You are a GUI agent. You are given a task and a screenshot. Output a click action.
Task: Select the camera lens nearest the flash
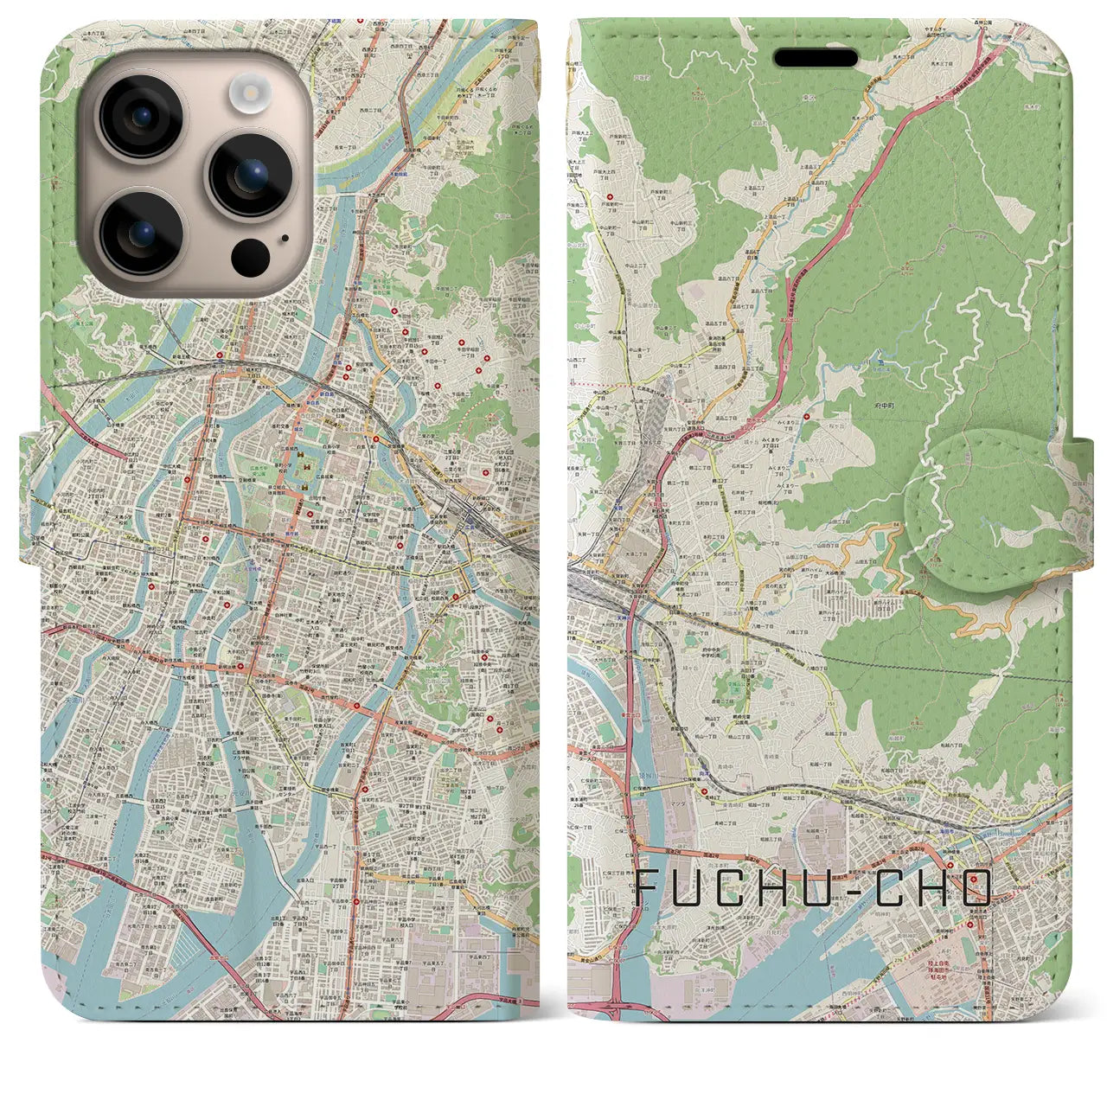pos(251,175)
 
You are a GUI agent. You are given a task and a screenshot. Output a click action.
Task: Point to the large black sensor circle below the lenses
pos(251,256)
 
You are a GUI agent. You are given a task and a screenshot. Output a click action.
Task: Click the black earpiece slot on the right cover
pos(816,58)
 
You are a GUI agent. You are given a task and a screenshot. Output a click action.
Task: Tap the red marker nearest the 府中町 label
pos(807,417)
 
